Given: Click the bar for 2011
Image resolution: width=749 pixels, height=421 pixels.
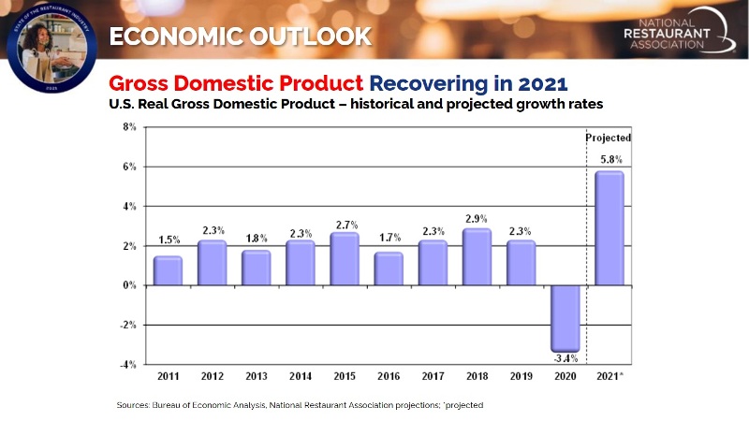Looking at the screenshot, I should pos(168,270).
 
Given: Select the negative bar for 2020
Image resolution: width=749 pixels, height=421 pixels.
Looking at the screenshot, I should pos(565,318).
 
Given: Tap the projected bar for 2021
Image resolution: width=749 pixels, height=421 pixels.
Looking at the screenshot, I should pos(609,227).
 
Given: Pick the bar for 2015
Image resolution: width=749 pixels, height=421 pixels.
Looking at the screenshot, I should pos(345,258).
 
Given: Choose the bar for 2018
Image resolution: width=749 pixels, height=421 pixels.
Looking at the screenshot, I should pos(477,256).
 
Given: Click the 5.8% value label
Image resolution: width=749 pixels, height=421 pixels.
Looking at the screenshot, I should pos(609,159).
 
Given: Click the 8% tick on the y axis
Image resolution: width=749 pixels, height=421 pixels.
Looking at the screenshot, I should pos(129,126).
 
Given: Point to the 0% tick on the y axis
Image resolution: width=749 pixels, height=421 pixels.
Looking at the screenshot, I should pos(129,285).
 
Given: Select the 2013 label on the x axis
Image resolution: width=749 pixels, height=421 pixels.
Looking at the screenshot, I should pos(257,377).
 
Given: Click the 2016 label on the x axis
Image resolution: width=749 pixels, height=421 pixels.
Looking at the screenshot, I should pos(389,377).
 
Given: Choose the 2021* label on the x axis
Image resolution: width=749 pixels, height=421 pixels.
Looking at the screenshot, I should pos(610,377).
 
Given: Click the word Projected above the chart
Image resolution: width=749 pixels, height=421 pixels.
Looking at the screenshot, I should pos(609,138).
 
